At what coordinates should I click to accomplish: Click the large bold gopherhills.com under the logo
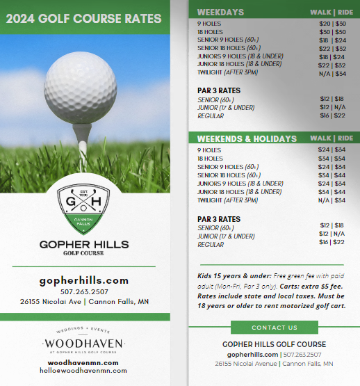point(83,280)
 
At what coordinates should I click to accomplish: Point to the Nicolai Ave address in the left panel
point(83,302)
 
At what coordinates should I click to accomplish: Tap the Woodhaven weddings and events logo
point(83,342)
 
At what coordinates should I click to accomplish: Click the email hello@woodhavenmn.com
point(83,371)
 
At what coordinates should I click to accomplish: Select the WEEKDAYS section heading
point(220,12)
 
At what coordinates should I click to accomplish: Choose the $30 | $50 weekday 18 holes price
point(332,32)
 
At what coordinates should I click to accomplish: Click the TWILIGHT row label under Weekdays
point(229,72)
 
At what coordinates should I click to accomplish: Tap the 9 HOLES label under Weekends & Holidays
point(209,150)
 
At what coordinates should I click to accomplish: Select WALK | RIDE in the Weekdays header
point(331,12)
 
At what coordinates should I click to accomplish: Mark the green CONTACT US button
point(274,328)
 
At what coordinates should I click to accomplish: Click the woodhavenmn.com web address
point(83,362)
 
